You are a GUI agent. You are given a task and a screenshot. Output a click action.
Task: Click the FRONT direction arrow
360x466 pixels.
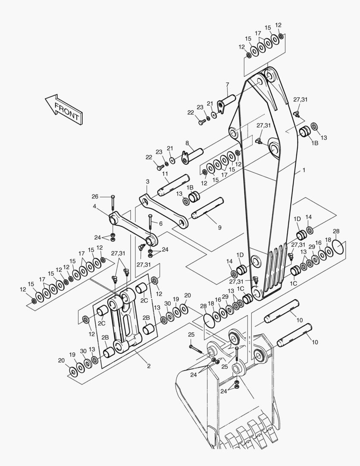[64, 110]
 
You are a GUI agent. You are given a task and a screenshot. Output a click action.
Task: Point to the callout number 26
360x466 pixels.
[95, 197]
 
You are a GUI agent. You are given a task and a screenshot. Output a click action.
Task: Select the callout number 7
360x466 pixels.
[227, 84]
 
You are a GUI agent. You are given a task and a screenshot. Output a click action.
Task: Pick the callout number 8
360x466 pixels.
[187, 143]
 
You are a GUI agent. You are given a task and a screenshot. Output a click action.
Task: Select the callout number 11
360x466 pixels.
[165, 174]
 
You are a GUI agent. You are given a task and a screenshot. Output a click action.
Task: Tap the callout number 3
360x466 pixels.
[147, 182]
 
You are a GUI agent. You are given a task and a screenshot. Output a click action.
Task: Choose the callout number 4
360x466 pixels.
[94, 206]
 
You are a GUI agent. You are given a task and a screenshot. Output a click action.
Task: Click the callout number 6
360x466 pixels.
[160, 224]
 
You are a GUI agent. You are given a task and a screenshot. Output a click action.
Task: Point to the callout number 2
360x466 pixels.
[148, 366]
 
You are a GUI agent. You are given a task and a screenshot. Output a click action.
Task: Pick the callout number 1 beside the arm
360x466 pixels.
[304, 170]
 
